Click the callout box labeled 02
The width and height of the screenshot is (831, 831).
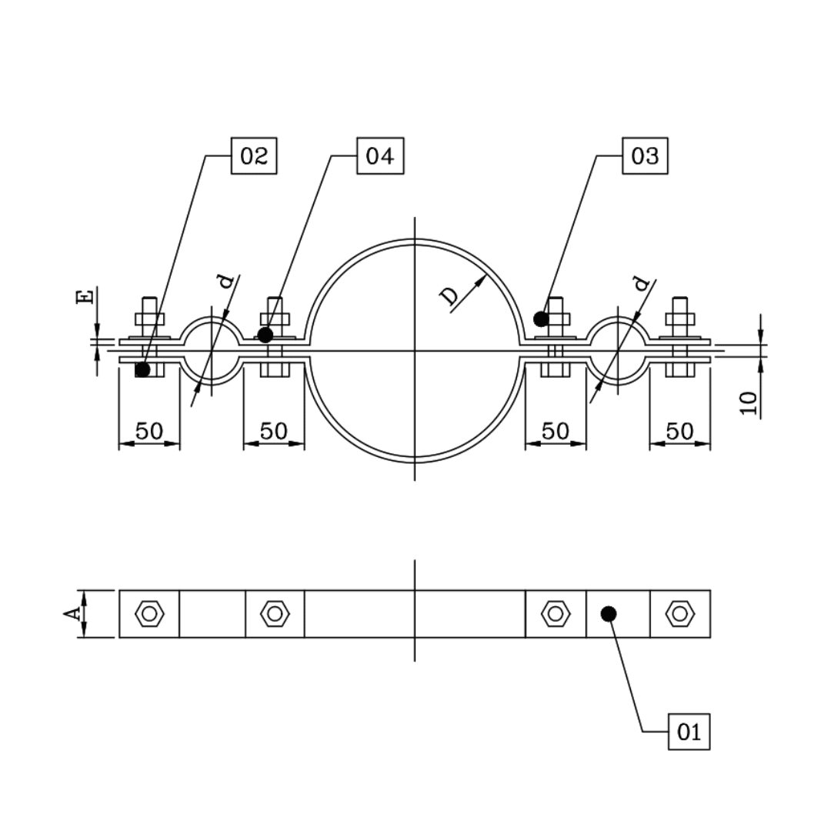point(254,156)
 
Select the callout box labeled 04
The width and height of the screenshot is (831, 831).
point(380,156)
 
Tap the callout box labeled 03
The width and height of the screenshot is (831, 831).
point(645,156)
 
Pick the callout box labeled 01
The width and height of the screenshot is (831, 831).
point(689,732)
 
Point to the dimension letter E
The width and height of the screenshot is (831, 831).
point(86,296)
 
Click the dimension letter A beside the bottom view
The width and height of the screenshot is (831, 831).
point(72,614)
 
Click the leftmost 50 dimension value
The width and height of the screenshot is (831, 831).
point(149,431)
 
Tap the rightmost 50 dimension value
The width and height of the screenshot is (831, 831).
point(679,431)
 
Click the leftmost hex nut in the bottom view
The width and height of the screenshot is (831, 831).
point(149,614)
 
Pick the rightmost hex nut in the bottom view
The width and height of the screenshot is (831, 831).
point(679,614)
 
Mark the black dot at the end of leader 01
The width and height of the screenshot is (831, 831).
point(608,613)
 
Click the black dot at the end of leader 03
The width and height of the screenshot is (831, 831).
point(541,319)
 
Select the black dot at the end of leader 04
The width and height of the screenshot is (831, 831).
point(265,335)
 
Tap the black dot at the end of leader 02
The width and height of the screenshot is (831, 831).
point(142,369)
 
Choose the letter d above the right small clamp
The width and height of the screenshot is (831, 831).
point(641,285)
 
